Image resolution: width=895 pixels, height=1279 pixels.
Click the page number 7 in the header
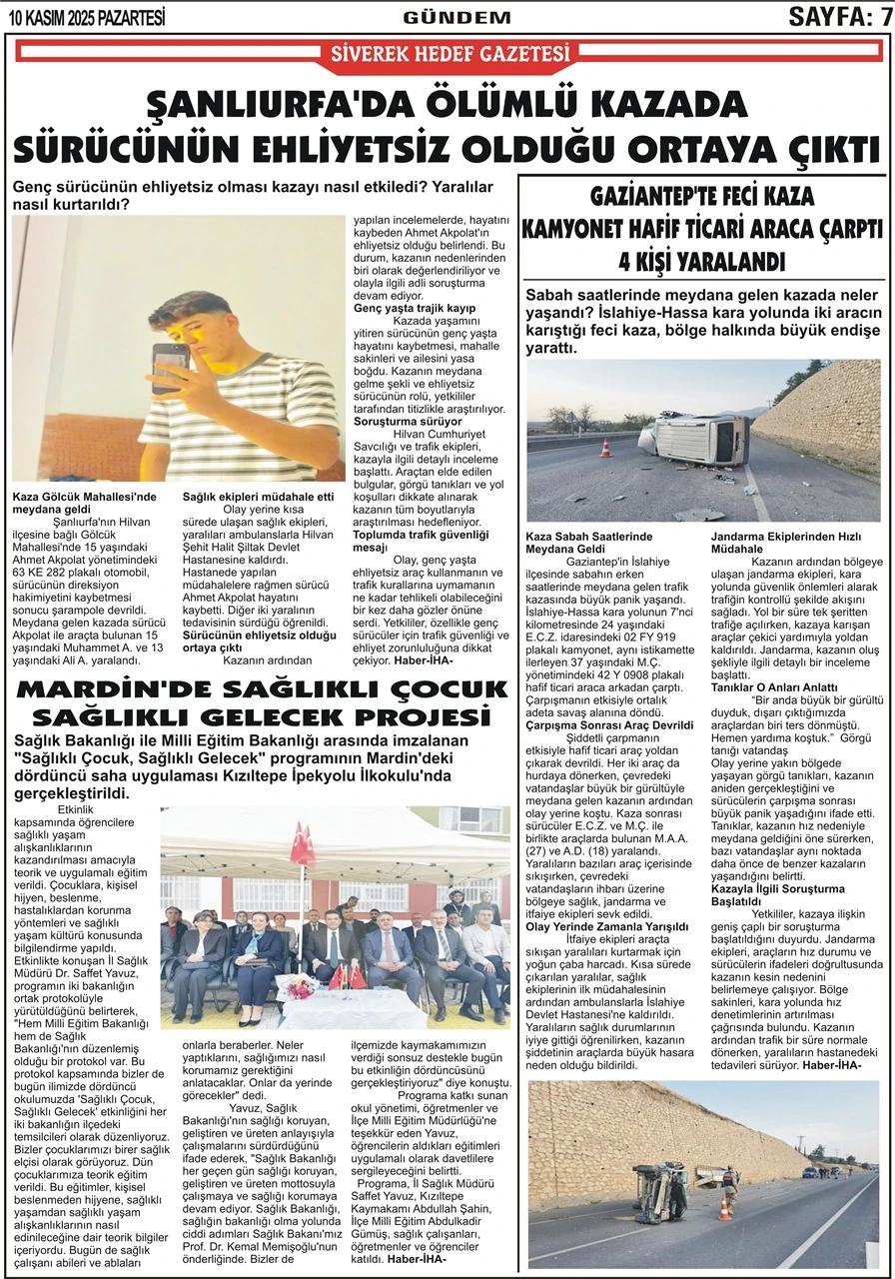coord(884,16)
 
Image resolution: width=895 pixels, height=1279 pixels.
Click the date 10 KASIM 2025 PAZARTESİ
coord(86,17)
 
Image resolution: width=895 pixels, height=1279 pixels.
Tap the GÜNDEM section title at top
coord(456,17)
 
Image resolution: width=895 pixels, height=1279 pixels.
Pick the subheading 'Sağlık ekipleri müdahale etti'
coord(258,497)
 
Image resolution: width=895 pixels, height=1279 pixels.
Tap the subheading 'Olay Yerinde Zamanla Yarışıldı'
coord(607,925)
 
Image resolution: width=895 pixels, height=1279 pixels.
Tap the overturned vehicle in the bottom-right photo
coord(661,1190)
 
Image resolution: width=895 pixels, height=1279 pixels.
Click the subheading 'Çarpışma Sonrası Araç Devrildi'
coord(609,724)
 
